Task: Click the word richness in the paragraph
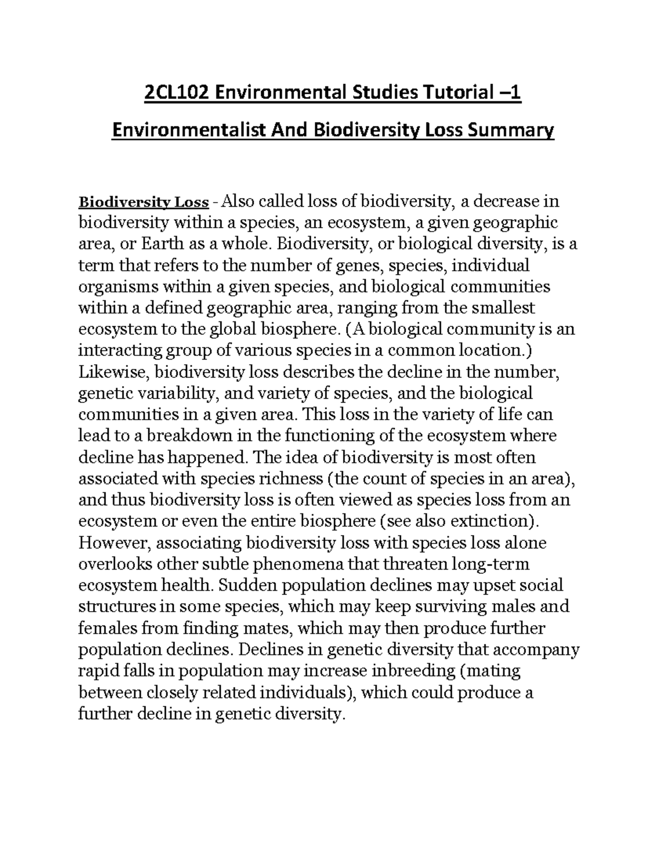[x=295, y=479]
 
